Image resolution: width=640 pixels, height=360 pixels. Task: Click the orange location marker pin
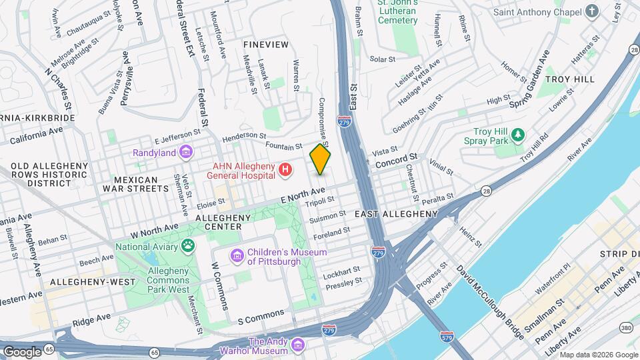[x=320, y=159]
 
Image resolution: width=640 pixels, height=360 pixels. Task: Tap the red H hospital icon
[x=286, y=171]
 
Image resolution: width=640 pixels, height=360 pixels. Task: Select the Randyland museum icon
[x=186, y=153]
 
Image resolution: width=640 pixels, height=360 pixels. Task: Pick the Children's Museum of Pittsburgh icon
[x=236, y=256]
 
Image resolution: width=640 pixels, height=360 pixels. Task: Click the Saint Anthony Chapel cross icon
[x=591, y=11]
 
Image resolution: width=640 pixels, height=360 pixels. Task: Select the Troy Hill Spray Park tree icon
[x=518, y=137]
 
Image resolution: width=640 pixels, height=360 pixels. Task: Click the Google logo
[x=21, y=351]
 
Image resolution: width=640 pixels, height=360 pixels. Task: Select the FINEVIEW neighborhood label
[x=266, y=44]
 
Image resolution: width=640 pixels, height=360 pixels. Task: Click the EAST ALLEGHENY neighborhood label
[x=396, y=214]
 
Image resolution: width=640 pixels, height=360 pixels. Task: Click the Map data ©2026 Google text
[x=597, y=354]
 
